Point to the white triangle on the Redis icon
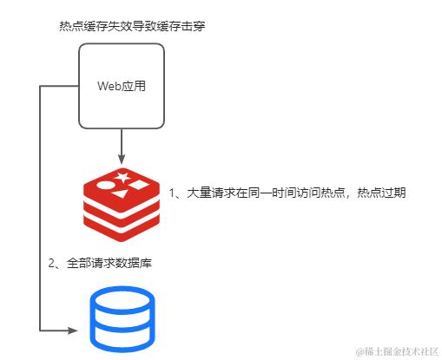(x=139, y=185)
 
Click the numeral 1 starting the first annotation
(x=172, y=193)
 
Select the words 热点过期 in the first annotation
(x=382, y=193)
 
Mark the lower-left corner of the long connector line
(x=41, y=330)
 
